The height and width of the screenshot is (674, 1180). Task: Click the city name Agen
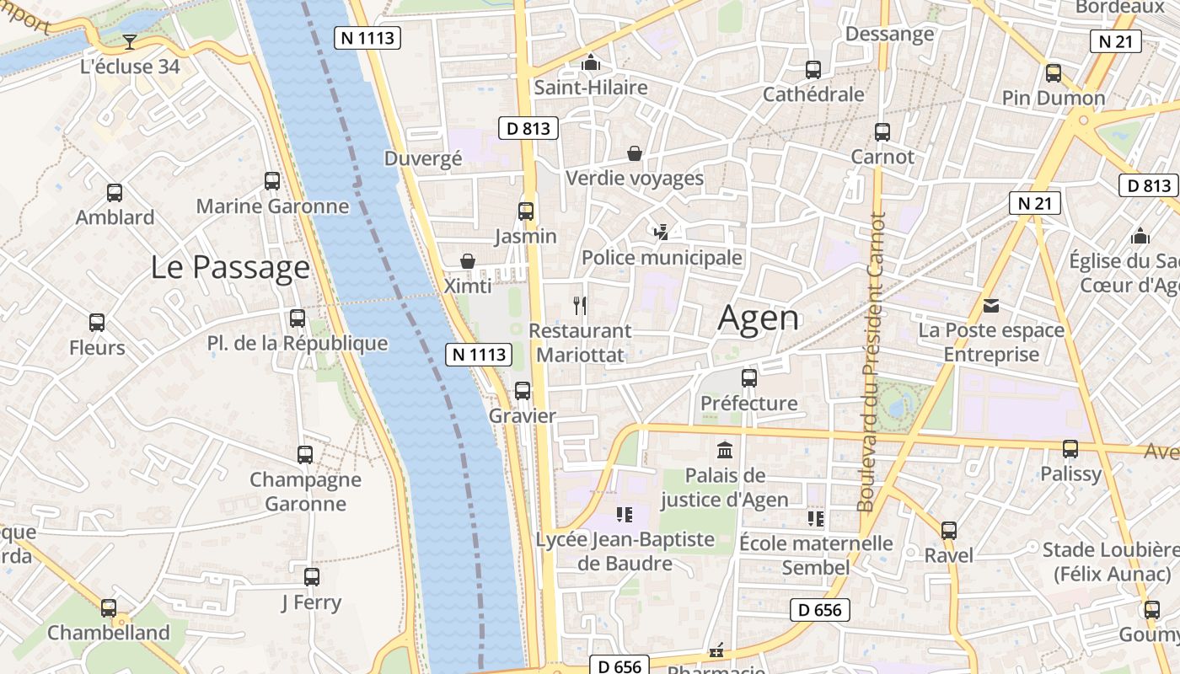click(x=758, y=318)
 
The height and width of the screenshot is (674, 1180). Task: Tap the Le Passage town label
click(x=230, y=267)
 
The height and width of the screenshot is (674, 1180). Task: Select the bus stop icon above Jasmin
click(x=526, y=211)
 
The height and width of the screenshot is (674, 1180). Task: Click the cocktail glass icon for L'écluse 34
click(x=129, y=41)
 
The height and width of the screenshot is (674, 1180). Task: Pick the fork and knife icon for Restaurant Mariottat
click(x=579, y=305)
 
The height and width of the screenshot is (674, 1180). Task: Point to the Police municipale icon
click(x=662, y=232)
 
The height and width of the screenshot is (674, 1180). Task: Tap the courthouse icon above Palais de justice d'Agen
click(x=724, y=450)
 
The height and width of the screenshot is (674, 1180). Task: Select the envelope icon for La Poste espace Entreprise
click(x=991, y=305)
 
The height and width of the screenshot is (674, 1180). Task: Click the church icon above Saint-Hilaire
click(x=591, y=62)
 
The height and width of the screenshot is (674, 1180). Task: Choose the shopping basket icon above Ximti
click(x=468, y=261)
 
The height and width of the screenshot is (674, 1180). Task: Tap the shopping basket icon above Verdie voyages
click(x=635, y=153)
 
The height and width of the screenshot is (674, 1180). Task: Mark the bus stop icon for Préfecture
click(x=748, y=378)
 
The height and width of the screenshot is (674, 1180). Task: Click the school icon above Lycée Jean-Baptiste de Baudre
click(x=625, y=514)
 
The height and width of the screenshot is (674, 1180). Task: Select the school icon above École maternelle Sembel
click(x=815, y=518)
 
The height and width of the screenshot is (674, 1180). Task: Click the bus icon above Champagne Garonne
click(x=305, y=455)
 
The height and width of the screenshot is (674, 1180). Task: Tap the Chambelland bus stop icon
click(x=109, y=607)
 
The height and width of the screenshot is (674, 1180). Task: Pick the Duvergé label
click(x=423, y=158)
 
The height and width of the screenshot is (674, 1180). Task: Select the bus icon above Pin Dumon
click(x=1054, y=73)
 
